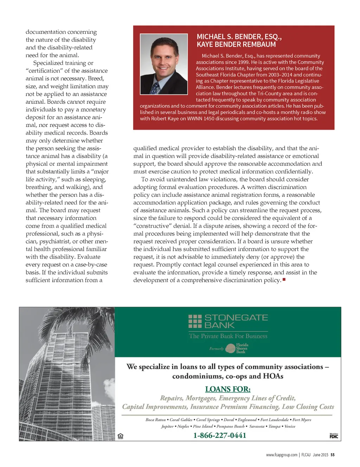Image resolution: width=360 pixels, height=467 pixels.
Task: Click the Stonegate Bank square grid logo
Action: [195, 321]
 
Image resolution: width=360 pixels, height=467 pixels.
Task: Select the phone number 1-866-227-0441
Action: [220, 435]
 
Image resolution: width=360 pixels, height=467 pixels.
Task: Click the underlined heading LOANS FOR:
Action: [228, 389]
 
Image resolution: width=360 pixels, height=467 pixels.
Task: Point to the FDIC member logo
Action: [334, 436]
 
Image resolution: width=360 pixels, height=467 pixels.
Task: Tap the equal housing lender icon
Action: [121, 436]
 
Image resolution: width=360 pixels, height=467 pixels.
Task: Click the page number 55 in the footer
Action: [333, 455]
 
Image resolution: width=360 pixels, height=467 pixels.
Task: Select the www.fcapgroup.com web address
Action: [282, 455]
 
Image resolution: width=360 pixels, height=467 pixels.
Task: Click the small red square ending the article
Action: [284, 279]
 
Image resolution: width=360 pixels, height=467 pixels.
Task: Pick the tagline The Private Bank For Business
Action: [228, 336]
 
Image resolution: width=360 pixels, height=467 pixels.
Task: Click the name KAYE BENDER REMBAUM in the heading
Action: [236, 45]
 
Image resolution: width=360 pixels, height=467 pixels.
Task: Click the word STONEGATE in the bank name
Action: [236, 318]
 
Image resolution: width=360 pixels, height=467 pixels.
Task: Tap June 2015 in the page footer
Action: [320, 455]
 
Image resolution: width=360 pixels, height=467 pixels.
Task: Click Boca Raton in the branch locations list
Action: [155, 420]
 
